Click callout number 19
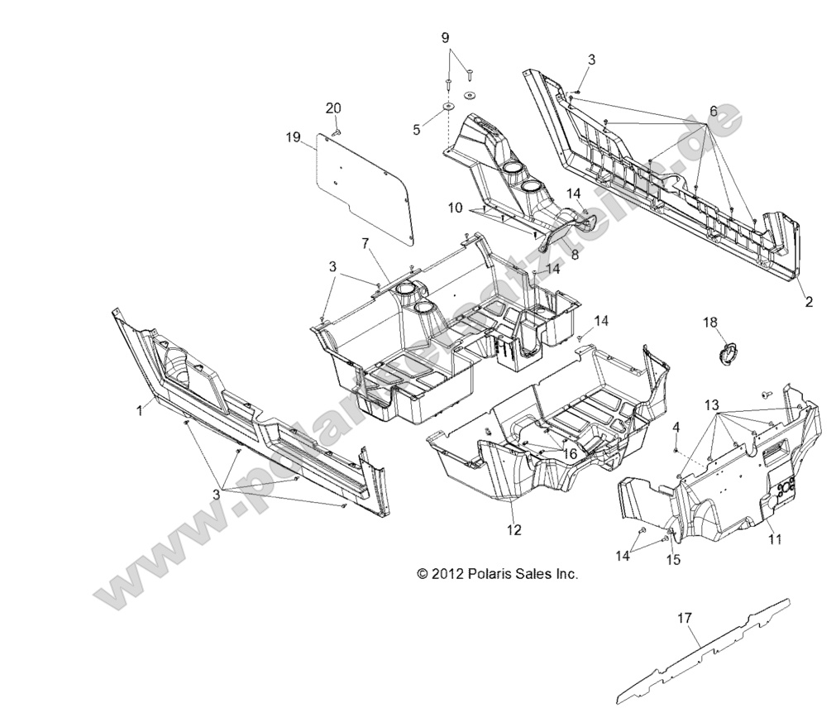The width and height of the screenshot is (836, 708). point(293,138)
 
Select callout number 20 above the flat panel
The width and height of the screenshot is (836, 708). point(332,108)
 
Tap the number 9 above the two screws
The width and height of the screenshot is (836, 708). point(445,37)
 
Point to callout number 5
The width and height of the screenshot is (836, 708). point(417,129)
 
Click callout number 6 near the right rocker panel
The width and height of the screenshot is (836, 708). point(713,111)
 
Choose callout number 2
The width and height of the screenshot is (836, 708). point(808,302)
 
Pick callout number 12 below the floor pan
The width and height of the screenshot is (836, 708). point(514,529)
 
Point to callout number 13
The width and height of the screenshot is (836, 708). point(711,404)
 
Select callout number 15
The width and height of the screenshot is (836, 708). point(673,560)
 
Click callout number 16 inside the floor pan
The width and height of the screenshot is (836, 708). point(570,453)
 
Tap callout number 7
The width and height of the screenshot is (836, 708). point(364,243)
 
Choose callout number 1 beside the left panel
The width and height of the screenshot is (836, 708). point(140,409)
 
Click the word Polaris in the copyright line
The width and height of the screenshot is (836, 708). point(489,572)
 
